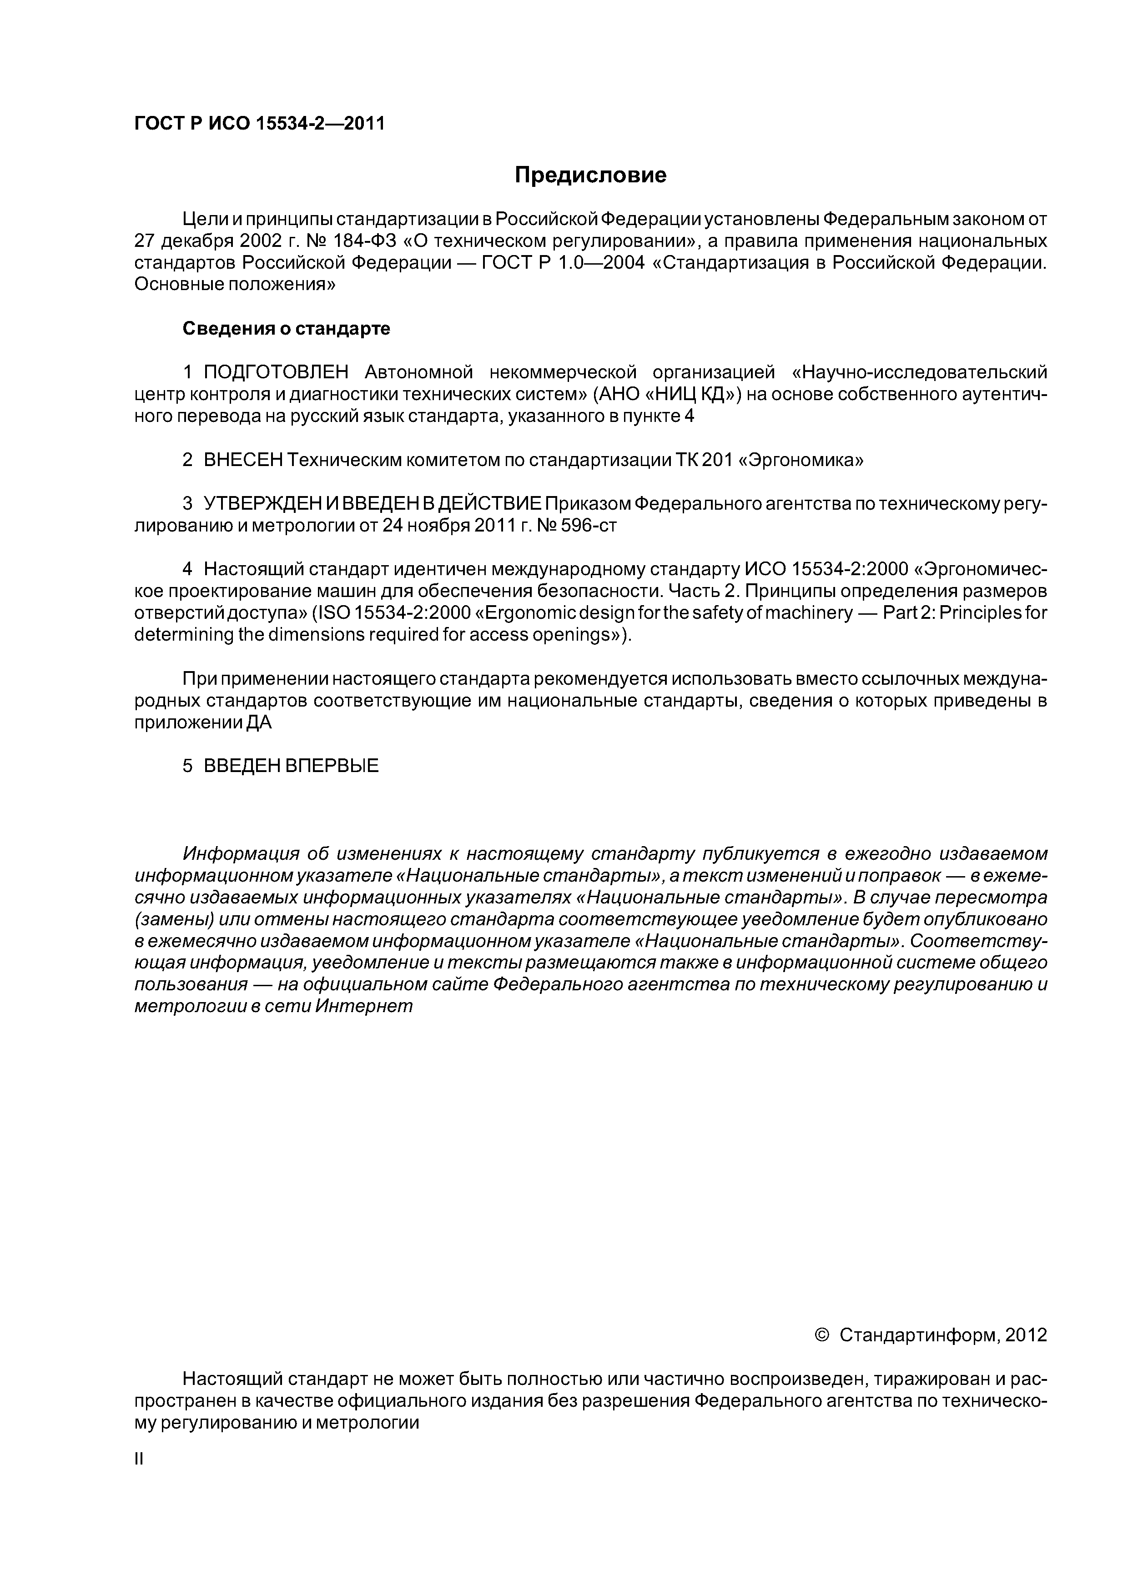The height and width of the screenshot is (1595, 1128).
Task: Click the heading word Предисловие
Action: coord(590,175)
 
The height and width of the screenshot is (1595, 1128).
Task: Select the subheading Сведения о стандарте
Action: coord(287,329)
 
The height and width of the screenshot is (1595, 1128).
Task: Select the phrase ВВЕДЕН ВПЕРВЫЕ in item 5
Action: coord(291,766)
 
